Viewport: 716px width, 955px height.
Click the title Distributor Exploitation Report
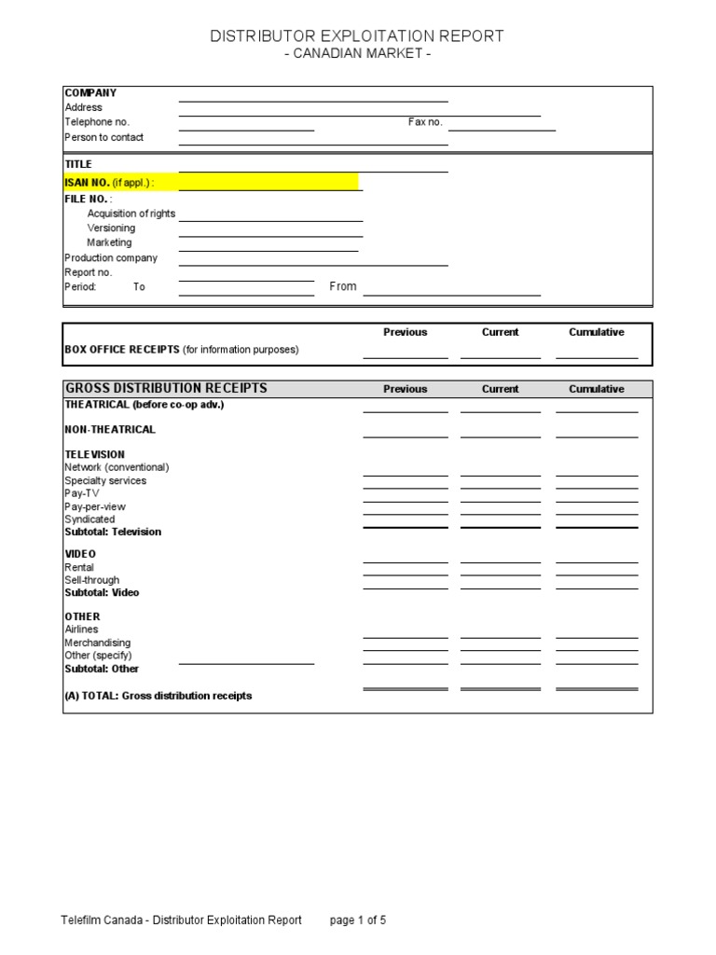tap(357, 36)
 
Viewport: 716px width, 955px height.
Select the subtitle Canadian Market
tap(357, 54)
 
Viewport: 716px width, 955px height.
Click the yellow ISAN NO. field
tap(268, 182)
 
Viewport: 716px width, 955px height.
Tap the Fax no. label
tap(425, 122)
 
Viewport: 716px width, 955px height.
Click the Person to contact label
tap(103, 137)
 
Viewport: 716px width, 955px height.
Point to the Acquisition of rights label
tap(131, 214)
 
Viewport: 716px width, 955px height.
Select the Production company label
tap(111, 257)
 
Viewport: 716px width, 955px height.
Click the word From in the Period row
tap(343, 286)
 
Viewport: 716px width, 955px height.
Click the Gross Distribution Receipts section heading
tap(165, 389)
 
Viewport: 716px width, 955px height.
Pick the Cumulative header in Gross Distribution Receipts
tap(597, 389)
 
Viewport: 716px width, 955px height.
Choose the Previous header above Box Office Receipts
tap(405, 332)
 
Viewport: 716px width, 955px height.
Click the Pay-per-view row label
tap(95, 506)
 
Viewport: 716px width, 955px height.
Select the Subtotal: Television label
tap(113, 532)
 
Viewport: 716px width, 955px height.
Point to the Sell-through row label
tap(91, 580)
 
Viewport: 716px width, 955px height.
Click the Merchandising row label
tap(97, 643)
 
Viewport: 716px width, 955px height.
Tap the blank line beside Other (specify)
tap(246, 658)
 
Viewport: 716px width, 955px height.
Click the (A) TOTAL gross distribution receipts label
tap(158, 696)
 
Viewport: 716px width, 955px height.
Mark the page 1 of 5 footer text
tap(358, 920)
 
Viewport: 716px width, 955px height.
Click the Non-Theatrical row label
tap(110, 430)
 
